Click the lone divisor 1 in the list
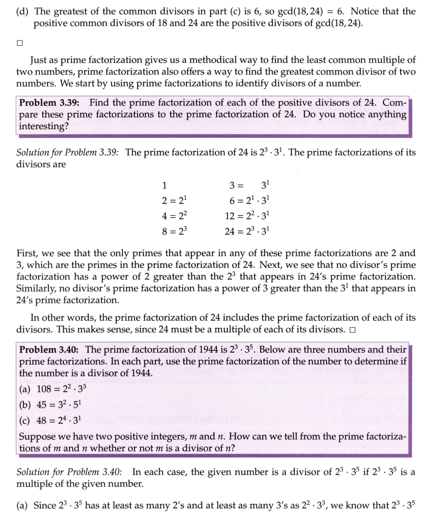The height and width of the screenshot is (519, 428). pyautogui.click(x=165, y=185)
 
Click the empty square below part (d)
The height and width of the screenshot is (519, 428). pyautogui.click(x=19, y=43)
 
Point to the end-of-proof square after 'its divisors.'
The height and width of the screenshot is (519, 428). pyautogui.click(x=353, y=330)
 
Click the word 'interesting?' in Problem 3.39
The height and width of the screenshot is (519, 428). pyautogui.click(x=44, y=126)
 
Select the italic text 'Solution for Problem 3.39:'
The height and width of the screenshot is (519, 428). pyautogui.click(x=67, y=153)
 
